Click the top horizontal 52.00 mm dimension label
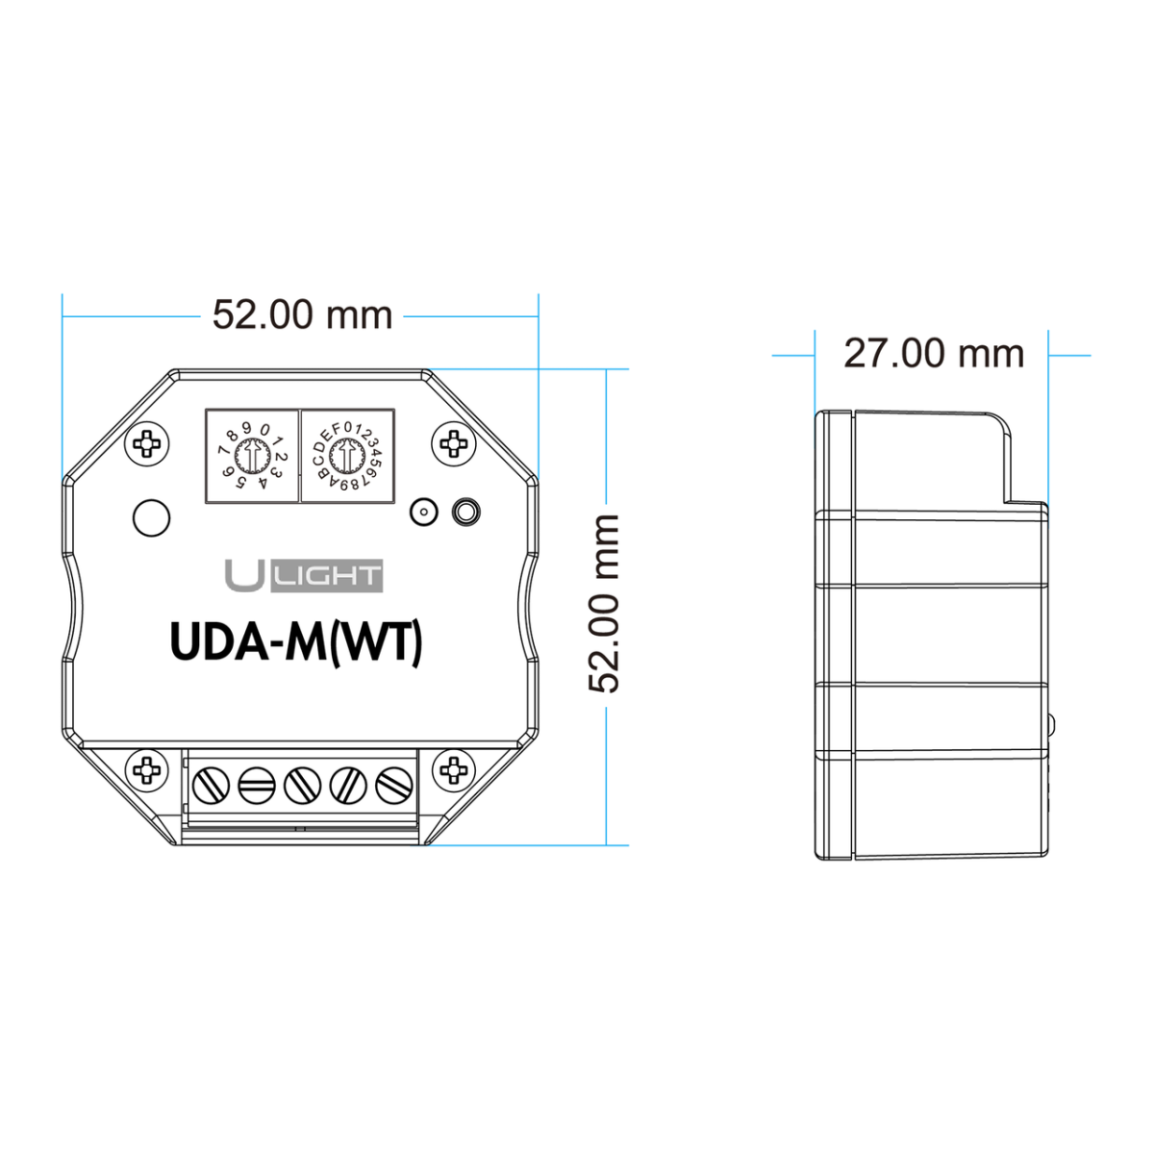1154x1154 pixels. point(302,314)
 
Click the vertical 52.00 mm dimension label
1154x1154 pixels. point(603,604)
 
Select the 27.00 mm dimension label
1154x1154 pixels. point(934,353)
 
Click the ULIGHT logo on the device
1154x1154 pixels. point(304,575)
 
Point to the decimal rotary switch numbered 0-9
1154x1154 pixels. point(252,457)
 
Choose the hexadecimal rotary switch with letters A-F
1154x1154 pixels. point(347,457)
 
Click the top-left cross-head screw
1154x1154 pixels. point(147,444)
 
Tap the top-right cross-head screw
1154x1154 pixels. point(454,444)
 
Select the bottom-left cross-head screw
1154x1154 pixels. point(147,769)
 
